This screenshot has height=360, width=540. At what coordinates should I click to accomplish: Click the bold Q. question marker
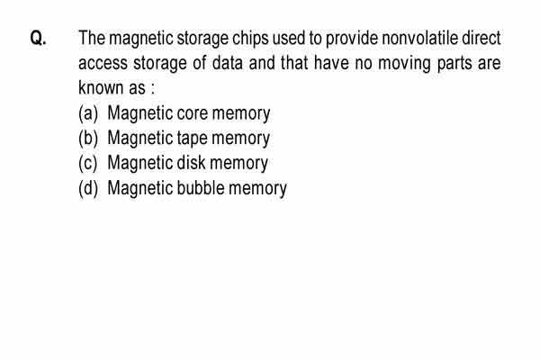[38, 38]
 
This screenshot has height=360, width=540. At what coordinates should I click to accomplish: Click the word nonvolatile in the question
[419, 38]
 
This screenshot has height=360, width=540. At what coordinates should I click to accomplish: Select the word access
[103, 63]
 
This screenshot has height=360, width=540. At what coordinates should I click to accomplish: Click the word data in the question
[228, 63]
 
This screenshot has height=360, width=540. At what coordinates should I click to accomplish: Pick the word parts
[454, 64]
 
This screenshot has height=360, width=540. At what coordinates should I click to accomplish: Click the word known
[101, 87]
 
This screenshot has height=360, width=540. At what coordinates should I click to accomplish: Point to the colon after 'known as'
[153, 89]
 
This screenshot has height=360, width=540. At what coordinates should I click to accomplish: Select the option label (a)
[88, 113]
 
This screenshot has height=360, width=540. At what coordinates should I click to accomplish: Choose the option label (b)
[88, 138]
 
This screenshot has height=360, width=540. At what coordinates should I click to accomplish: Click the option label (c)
[88, 163]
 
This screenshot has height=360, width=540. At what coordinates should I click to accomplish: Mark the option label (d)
[88, 188]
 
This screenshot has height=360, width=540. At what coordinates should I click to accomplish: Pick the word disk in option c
[191, 163]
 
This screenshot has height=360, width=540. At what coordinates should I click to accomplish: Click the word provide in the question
[352, 39]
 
